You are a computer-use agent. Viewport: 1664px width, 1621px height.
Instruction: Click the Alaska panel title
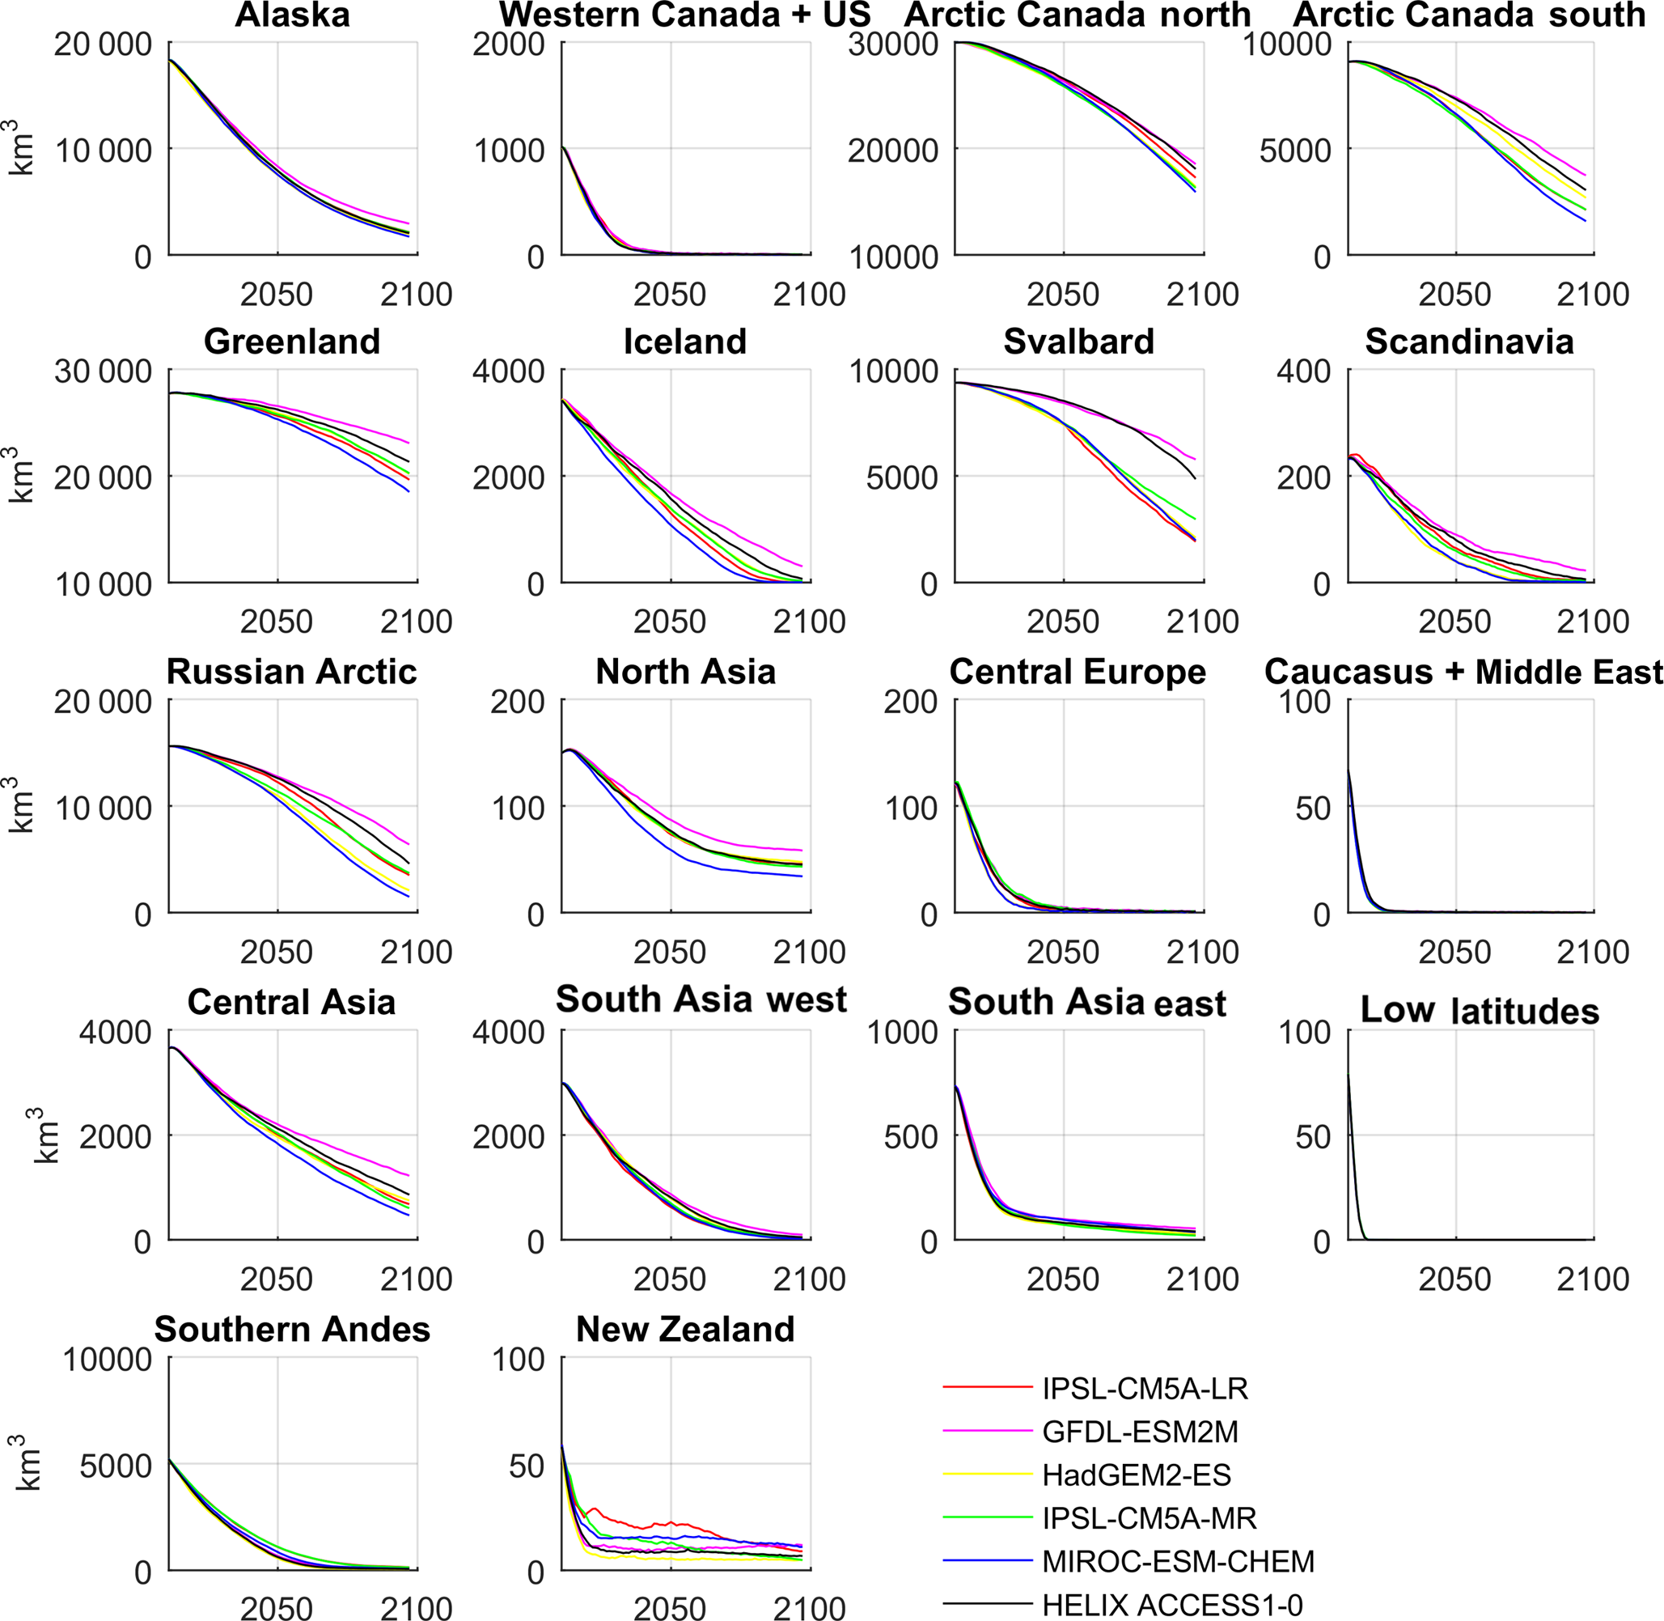click(x=292, y=15)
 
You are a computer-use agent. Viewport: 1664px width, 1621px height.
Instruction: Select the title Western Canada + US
click(x=685, y=15)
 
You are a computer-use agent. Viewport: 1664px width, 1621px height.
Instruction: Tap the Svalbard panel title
click(x=1078, y=342)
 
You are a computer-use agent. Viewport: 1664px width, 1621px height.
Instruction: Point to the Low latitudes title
click(x=1480, y=1011)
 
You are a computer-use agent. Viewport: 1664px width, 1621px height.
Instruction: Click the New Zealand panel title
click(x=685, y=1329)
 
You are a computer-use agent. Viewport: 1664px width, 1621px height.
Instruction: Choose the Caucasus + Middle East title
click(x=1463, y=672)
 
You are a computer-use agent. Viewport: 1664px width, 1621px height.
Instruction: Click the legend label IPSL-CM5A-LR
click(x=1145, y=1389)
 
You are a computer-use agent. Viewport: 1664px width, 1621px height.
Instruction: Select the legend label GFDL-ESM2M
click(x=1140, y=1432)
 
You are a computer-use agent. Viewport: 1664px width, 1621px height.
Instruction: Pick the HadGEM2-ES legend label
click(x=1137, y=1475)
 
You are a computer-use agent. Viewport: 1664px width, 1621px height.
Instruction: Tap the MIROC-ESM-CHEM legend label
click(x=1178, y=1561)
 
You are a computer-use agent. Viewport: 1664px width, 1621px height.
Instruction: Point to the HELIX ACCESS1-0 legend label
click(x=1172, y=1605)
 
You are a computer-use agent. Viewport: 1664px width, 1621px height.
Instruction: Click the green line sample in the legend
click(x=988, y=1518)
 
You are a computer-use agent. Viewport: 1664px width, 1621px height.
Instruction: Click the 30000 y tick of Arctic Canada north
click(x=893, y=45)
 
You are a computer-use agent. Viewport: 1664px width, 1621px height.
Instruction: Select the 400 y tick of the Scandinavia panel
click(x=1303, y=371)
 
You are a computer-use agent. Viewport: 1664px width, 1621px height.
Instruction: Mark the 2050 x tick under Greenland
click(x=277, y=622)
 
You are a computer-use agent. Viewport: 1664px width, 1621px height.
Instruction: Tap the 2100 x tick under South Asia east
click(x=1202, y=1279)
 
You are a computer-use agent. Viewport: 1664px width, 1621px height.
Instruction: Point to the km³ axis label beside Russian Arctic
click(x=23, y=804)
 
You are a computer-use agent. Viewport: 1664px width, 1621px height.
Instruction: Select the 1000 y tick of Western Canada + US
click(x=508, y=151)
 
